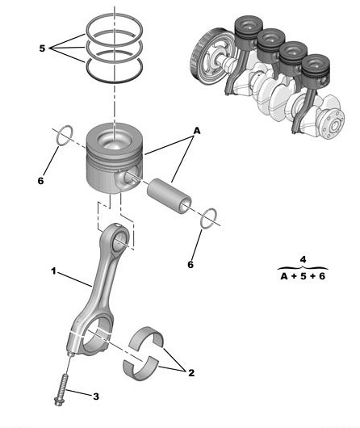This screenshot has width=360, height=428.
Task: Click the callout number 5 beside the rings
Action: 42,48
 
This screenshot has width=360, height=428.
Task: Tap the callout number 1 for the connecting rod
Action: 53,271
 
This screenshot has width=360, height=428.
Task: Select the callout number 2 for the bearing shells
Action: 191,372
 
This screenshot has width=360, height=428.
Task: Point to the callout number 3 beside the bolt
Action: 96,397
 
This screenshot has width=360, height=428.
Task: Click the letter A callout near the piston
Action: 197,131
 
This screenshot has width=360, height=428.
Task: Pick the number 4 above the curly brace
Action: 303,259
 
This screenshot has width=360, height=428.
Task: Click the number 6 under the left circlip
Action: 40,181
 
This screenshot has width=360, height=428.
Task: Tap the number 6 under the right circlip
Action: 190,264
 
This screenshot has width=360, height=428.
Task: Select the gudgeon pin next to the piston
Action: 170,195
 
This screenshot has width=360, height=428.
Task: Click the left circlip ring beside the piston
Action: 65,136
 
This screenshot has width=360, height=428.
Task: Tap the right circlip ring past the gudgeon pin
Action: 209,218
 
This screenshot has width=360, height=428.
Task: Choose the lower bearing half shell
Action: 140,368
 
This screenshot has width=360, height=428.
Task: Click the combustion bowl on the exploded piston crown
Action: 115,139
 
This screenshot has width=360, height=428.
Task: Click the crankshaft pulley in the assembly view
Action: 210,58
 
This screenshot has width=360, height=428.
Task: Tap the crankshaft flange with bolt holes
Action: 334,124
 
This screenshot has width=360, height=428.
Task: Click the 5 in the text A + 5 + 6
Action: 303,276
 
